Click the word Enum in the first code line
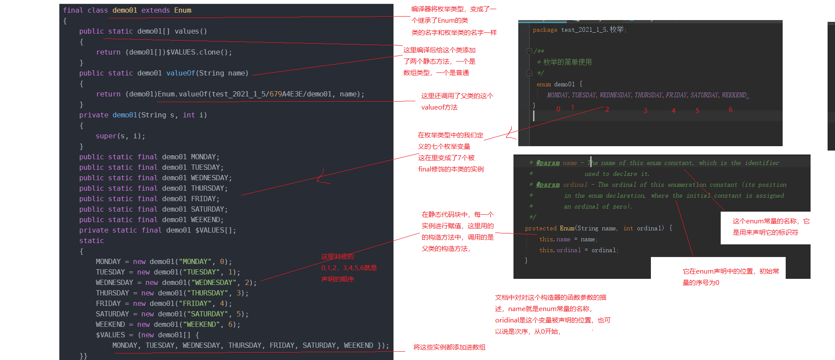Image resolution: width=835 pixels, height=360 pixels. [182, 10]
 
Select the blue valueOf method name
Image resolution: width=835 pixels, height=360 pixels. [180, 73]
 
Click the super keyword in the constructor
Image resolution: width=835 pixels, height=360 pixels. [106, 136]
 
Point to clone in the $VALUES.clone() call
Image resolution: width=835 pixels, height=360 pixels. [209, 52]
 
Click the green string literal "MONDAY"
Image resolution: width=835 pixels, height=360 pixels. [195, 261]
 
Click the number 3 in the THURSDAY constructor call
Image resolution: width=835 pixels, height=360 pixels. [239, 293]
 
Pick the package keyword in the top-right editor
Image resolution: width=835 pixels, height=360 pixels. [545, 30]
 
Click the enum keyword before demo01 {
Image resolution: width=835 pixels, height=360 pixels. [544, 84]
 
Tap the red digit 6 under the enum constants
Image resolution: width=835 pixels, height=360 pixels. [730, 110]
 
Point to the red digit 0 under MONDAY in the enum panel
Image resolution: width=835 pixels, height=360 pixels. [558, 109]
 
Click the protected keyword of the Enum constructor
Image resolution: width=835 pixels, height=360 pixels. [541, 228]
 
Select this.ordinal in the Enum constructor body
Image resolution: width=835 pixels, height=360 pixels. [560, 250]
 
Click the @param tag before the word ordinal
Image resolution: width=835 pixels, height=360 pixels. [548, 185]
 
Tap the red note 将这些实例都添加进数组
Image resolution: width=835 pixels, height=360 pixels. [449, 347]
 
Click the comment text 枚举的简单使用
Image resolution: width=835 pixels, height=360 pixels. [567, 62]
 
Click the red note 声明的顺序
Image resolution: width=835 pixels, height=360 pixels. [337, 279]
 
